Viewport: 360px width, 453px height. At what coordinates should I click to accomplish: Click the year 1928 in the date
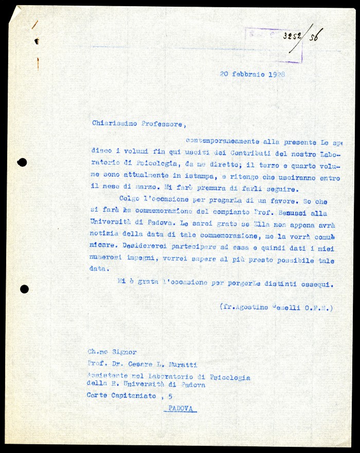276,74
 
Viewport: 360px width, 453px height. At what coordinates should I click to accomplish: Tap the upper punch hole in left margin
22,163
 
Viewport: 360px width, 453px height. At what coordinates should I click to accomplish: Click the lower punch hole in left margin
24,289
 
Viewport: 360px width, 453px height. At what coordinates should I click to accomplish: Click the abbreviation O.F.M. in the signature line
319,308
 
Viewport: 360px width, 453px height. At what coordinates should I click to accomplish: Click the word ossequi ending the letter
318,284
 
